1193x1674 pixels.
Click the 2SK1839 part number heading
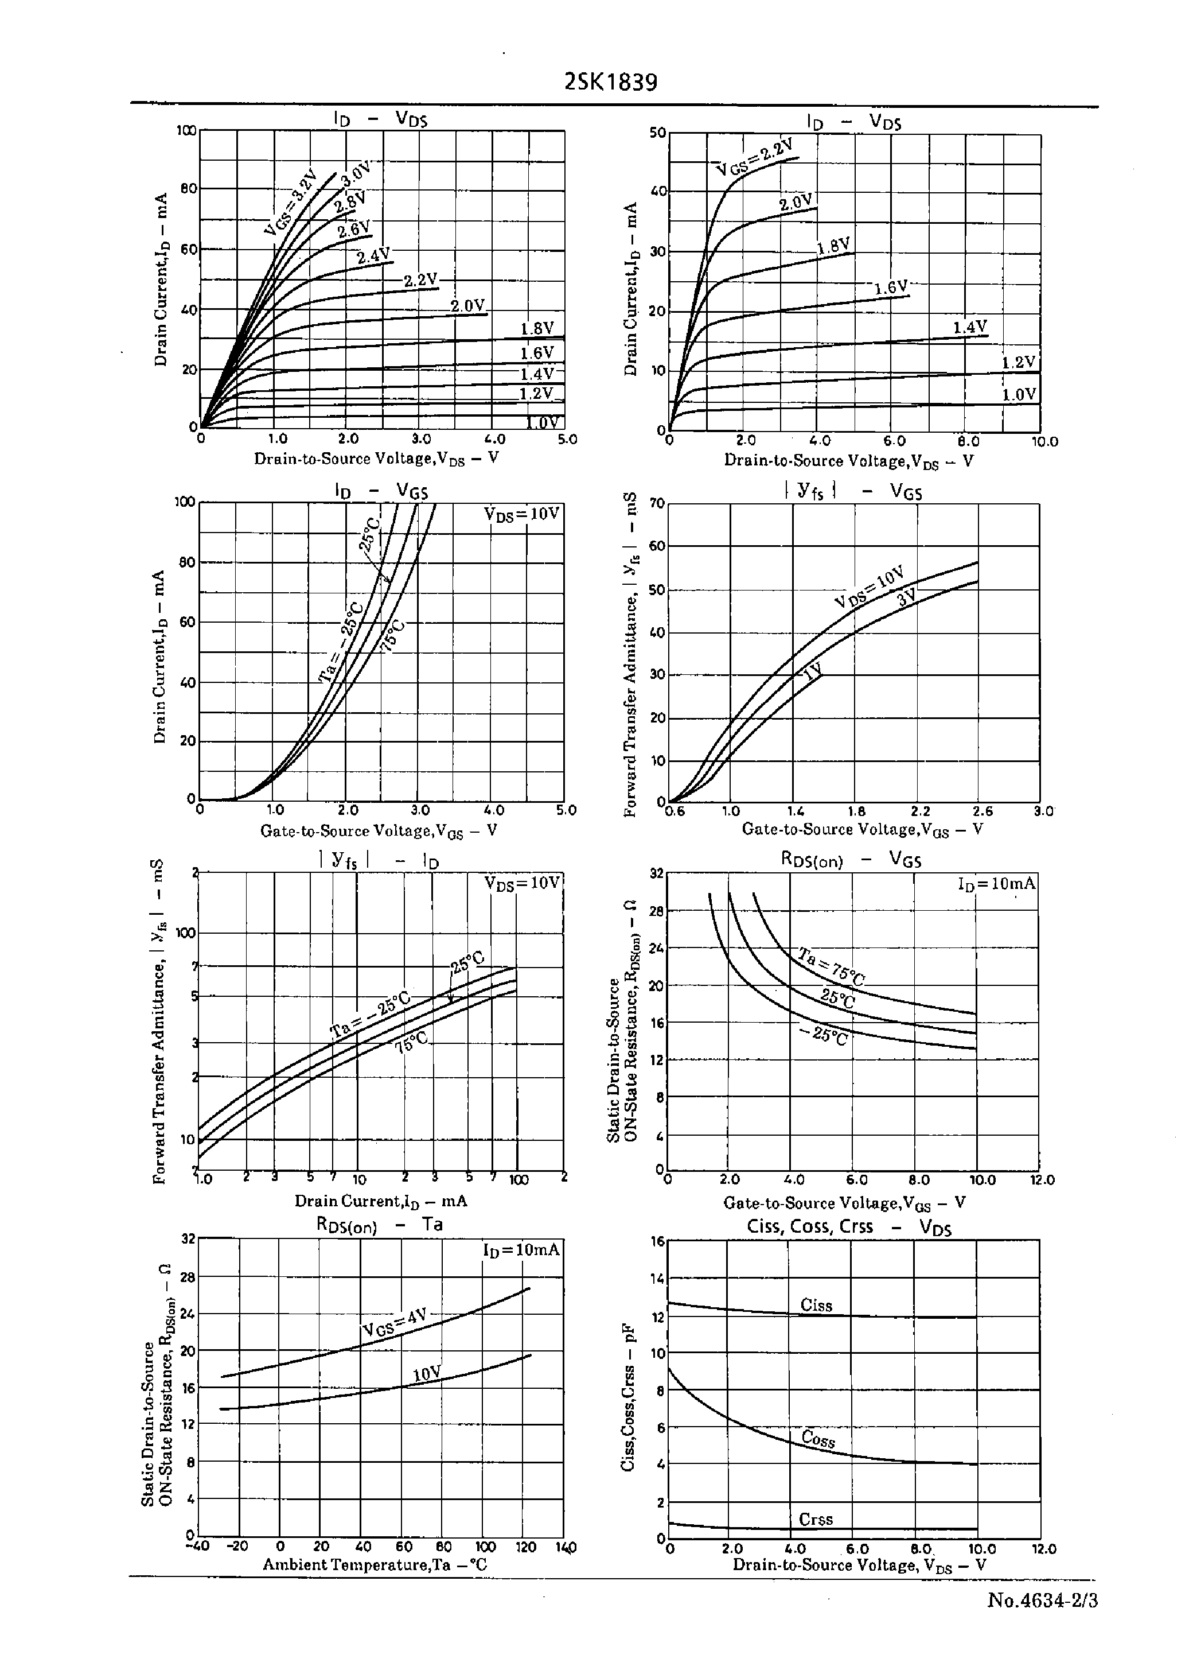pyautogui.click(x=610, y=82)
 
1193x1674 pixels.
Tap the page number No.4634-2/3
pyautogui.click(x=1042, y=1600)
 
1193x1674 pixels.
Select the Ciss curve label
pyautogui.click(x=816, y=1305)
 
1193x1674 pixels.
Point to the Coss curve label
pyautogui.click(x=818, y=1439)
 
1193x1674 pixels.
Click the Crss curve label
pyautogui.click(x=816, y=1519)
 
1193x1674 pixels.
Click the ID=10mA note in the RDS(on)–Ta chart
pyautogui.click(x=521, y=1250)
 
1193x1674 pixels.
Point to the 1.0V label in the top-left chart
pyautogui.click(x=544, y=422)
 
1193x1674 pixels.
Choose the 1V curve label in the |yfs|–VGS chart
pyautogui.click(x=812, y=671)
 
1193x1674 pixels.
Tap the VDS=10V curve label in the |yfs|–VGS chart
pyautogui.click(x=869, y=587)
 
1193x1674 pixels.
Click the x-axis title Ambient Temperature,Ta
pyautogui.click(x=375, y=1564)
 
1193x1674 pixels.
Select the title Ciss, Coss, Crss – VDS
pyautogui.click(x=848, y=1226)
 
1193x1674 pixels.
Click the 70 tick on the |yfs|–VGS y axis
pyautogui.click(x=656, y=504)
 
